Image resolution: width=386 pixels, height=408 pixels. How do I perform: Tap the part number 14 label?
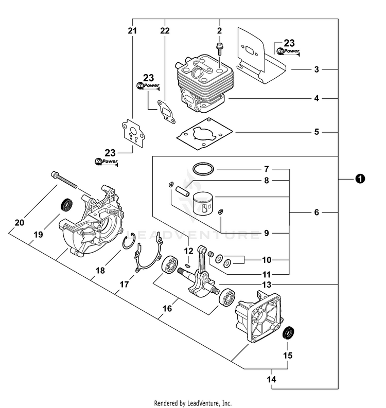272,380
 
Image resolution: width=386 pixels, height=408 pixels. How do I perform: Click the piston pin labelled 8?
182,187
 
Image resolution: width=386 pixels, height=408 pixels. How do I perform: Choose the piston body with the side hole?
204,205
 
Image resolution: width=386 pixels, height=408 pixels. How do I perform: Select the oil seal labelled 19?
66,204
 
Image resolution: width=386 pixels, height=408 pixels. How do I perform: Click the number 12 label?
189,251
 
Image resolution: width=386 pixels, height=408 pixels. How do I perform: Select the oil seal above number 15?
289,332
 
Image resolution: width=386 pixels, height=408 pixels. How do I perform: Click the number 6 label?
317,212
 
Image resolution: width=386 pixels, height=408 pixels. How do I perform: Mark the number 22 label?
165,31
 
